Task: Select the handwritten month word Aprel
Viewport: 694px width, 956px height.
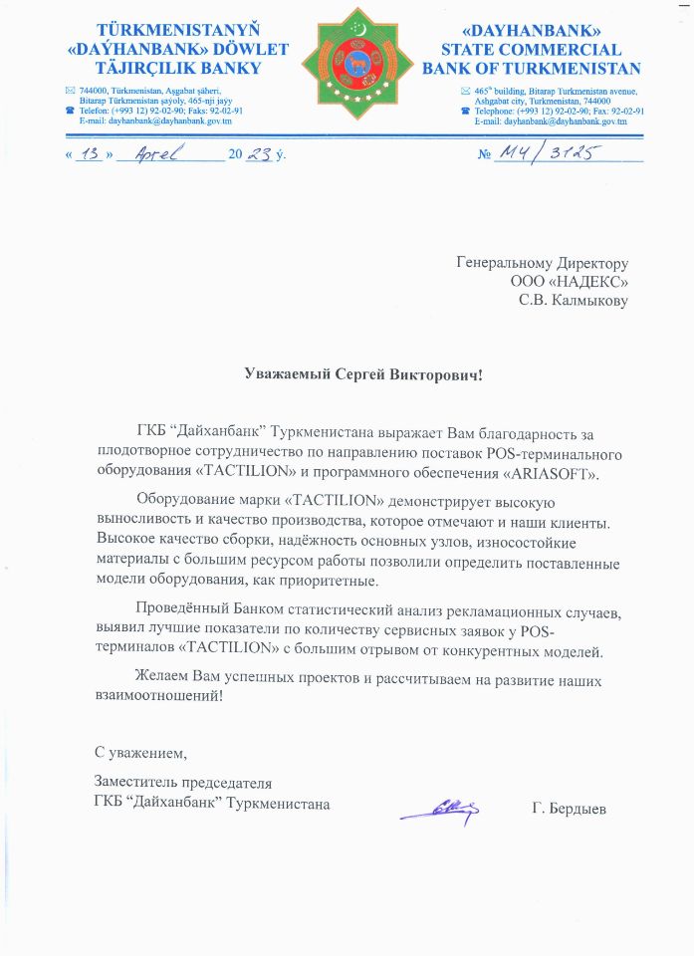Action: point(162,156)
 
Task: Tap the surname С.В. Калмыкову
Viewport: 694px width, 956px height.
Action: point(574,301)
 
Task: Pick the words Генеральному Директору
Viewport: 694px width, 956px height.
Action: point(543,263)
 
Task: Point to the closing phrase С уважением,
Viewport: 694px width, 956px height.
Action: point(140,750)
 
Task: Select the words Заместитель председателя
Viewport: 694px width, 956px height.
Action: point(182,784)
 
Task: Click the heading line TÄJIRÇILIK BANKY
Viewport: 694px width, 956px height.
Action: point(176,69)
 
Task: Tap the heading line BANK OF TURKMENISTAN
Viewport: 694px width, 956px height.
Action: point(532,69)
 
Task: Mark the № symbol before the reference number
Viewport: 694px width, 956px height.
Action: point(486,156)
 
